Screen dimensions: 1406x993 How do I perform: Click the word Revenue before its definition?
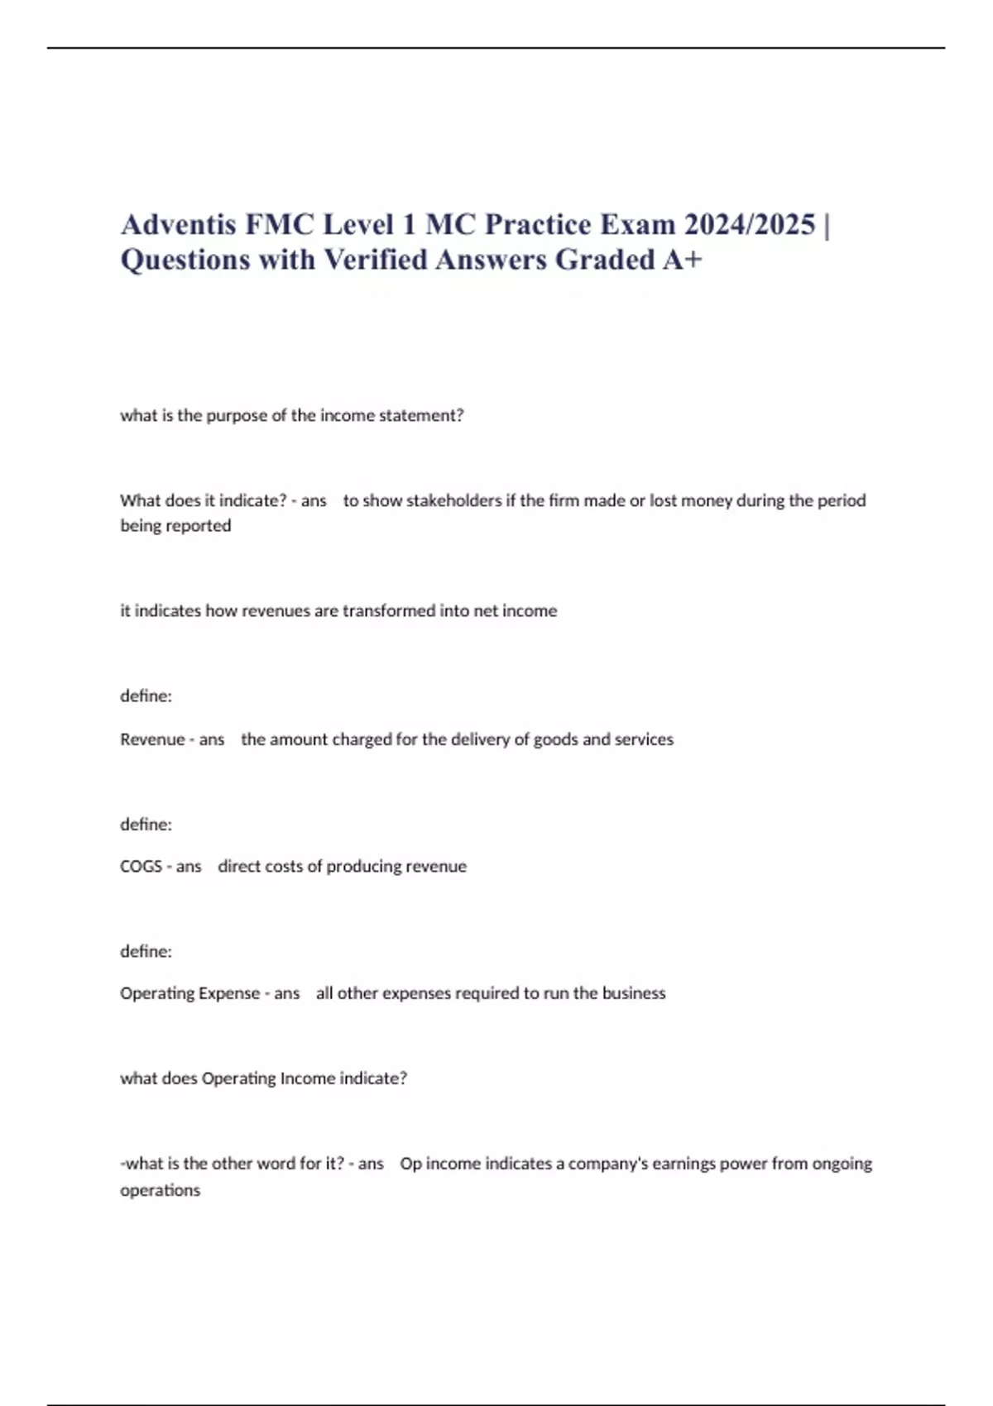click(x=152, y=739)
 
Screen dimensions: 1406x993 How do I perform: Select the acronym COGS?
click(x=141, y=866)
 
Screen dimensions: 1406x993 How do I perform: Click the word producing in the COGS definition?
click(x=359, y=866)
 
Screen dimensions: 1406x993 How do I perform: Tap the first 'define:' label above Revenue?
click(x=146, y=696)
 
